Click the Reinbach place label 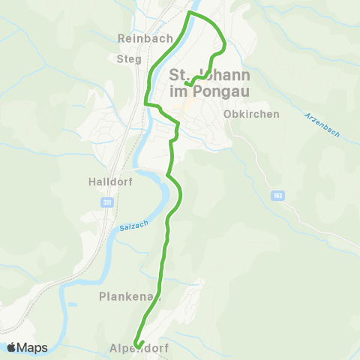145,37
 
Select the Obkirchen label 251,115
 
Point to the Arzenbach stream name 322,124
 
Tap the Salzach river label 133,224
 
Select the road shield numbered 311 107,202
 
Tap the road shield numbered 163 277,195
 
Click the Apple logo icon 12,347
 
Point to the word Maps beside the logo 33,347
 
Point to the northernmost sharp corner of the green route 187,13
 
